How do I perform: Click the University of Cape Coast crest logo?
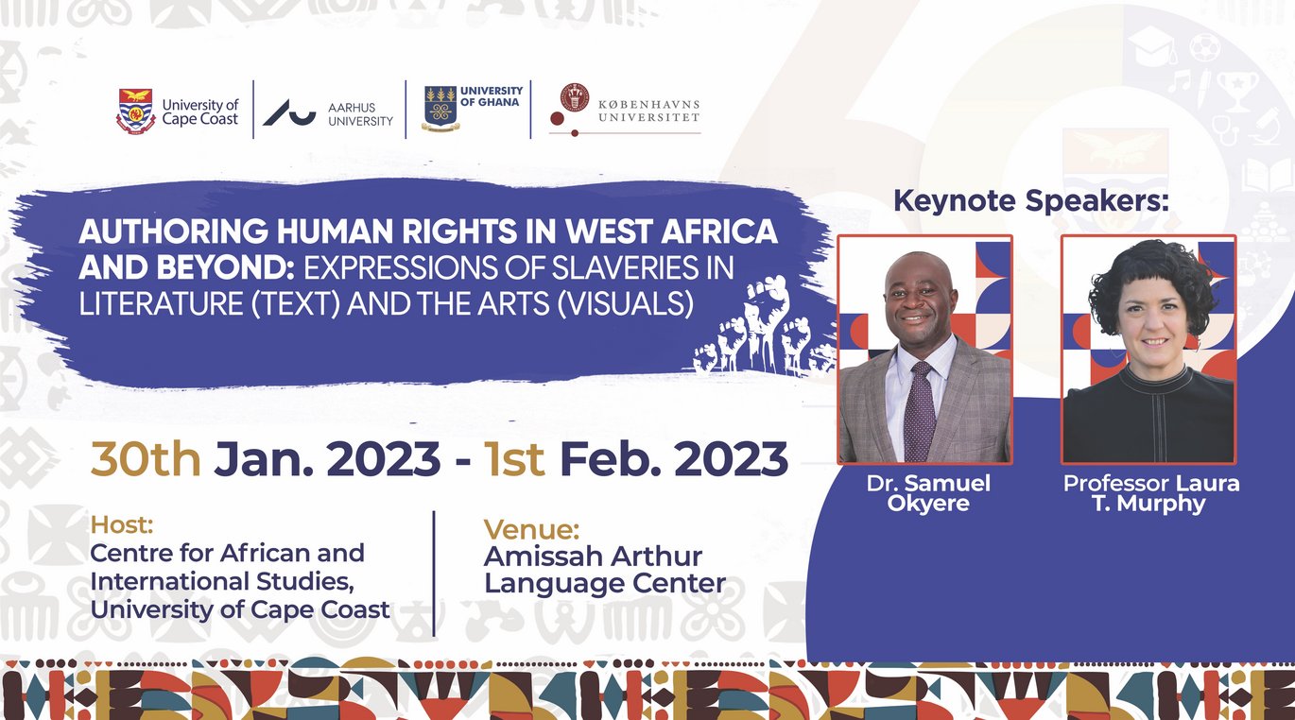135,111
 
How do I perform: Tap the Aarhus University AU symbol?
289,112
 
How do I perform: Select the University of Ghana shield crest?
440,108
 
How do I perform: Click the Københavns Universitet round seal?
574,96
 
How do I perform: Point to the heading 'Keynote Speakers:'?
1030,201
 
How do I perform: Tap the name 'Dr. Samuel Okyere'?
928,493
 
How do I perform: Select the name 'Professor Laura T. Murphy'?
1150,493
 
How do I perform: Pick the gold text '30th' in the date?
146,459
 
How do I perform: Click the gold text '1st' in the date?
514,459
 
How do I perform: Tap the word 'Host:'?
122,524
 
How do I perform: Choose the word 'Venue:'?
531,529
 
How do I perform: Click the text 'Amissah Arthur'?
593,557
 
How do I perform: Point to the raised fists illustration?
763,327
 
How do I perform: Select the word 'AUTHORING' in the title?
173,231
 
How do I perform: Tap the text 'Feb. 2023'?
674,459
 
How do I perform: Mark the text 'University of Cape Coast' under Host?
240,610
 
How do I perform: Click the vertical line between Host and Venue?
434,574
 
